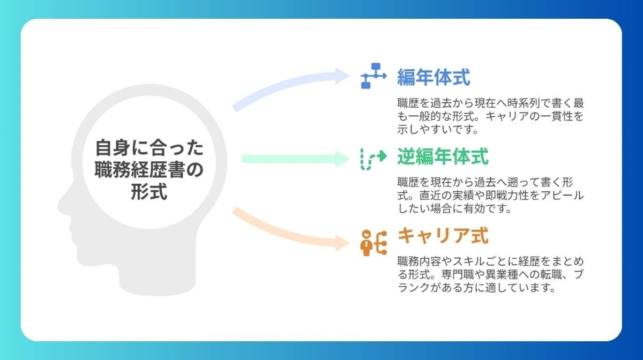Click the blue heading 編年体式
(433, 78)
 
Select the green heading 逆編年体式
(443, 157)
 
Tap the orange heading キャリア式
(443, 236)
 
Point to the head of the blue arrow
(343, 76)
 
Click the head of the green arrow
(343, 159)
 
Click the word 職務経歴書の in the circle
(149, 169)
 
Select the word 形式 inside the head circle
(149, 191)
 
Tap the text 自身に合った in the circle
(149, 147)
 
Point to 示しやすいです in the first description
(438, 129)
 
